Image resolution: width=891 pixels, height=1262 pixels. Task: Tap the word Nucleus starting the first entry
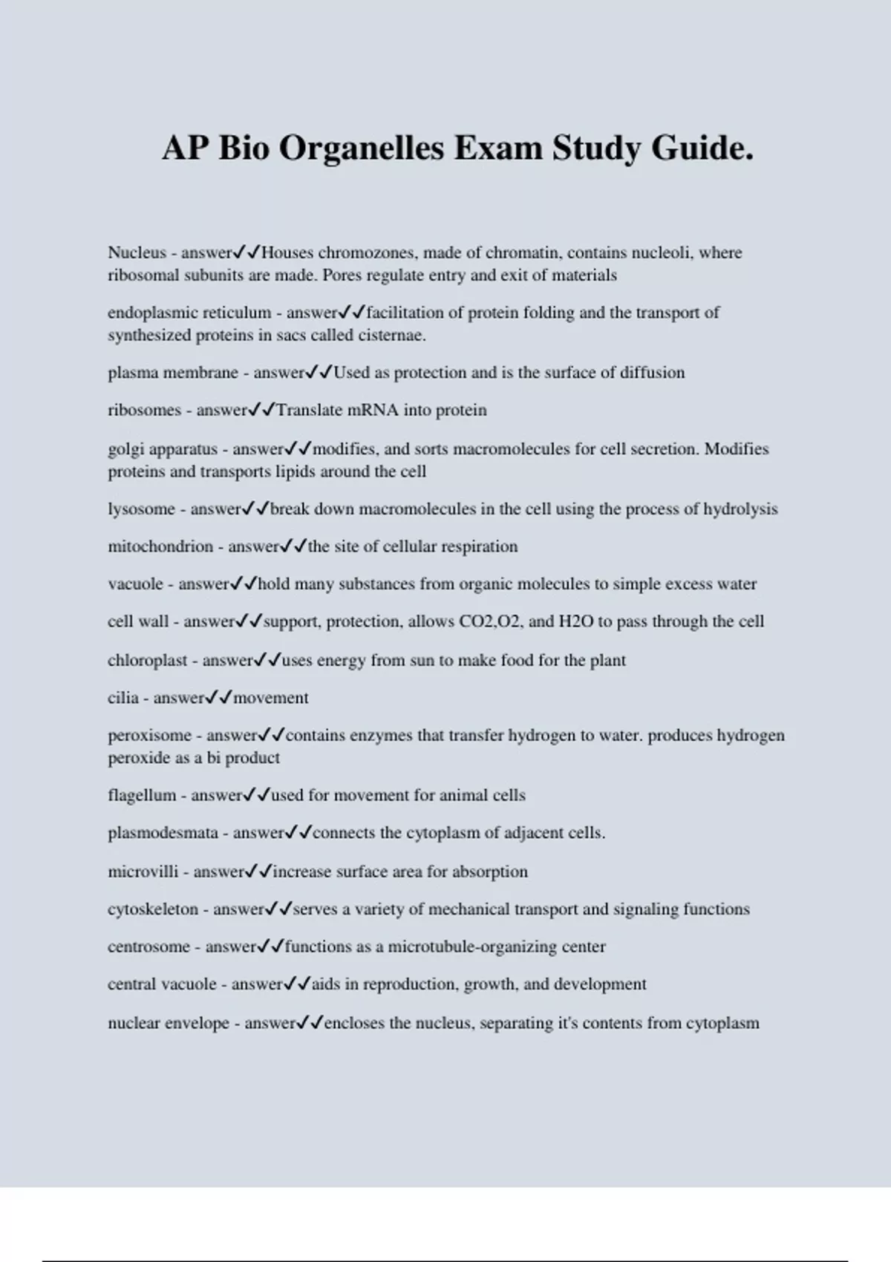click(x=137, y=252)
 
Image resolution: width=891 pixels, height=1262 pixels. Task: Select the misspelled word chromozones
click(x=366, y=252)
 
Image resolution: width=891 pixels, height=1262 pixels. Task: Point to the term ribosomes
click(x=144, y=410)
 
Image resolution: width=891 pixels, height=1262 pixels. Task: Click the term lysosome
click(x=141, y=509)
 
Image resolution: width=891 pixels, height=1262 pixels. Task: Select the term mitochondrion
click(x=160, y=546)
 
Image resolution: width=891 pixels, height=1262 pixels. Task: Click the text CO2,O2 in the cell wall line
click(x=490, y=621)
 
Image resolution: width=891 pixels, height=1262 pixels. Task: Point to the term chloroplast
click(x=147, y=660)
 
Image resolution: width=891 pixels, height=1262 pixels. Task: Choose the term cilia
click(x=123, y=698)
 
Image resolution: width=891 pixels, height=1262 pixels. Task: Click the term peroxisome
click(x=149, y=735)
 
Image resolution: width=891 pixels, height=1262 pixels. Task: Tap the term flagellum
click(x=142, y=795)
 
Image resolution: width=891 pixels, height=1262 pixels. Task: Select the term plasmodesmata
click(x=163, y=833)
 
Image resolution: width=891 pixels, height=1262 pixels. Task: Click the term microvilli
click(x=143, y=872)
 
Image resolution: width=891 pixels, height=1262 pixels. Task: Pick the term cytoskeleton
click(x=153, y=909)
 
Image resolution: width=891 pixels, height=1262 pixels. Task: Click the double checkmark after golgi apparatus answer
click(x=298, y=448)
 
